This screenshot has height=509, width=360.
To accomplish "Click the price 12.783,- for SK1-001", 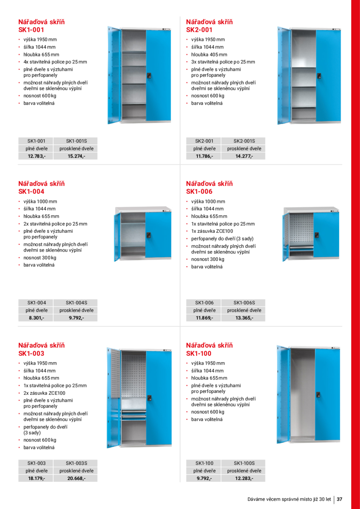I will [x=36, y=156].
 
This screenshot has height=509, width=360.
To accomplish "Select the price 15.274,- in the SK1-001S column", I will [x=76, y=156].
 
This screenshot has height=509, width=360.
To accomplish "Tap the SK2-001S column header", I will [x=244, y=141].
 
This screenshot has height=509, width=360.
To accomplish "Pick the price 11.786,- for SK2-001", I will [x=204, y=156].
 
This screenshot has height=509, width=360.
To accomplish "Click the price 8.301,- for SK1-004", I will [x=36, y=318].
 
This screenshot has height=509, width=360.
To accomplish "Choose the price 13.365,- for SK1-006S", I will [x=244, y=318].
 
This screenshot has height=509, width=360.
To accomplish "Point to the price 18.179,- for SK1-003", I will [x=36, y=478].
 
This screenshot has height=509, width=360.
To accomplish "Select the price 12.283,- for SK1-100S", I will [x=244, y=478].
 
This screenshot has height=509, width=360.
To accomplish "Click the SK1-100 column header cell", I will [x=204, y=463].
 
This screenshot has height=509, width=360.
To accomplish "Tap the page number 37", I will [x=339, y=499].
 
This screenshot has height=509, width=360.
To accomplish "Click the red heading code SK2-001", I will [x=199, y=30].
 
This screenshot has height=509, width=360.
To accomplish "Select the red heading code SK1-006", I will [x=199, y=191].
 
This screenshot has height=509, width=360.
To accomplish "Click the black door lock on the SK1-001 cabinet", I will [x=149, y=76].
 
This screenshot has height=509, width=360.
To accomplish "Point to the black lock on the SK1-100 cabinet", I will [x=318, y=395].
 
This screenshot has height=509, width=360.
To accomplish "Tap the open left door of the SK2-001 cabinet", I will [x=283, y=75].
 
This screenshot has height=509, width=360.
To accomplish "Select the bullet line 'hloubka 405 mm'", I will [x=209, y=54].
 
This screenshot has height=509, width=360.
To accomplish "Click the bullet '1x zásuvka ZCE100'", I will [x=212, y=231].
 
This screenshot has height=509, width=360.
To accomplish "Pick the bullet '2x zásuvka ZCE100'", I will [x=44, y=393].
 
